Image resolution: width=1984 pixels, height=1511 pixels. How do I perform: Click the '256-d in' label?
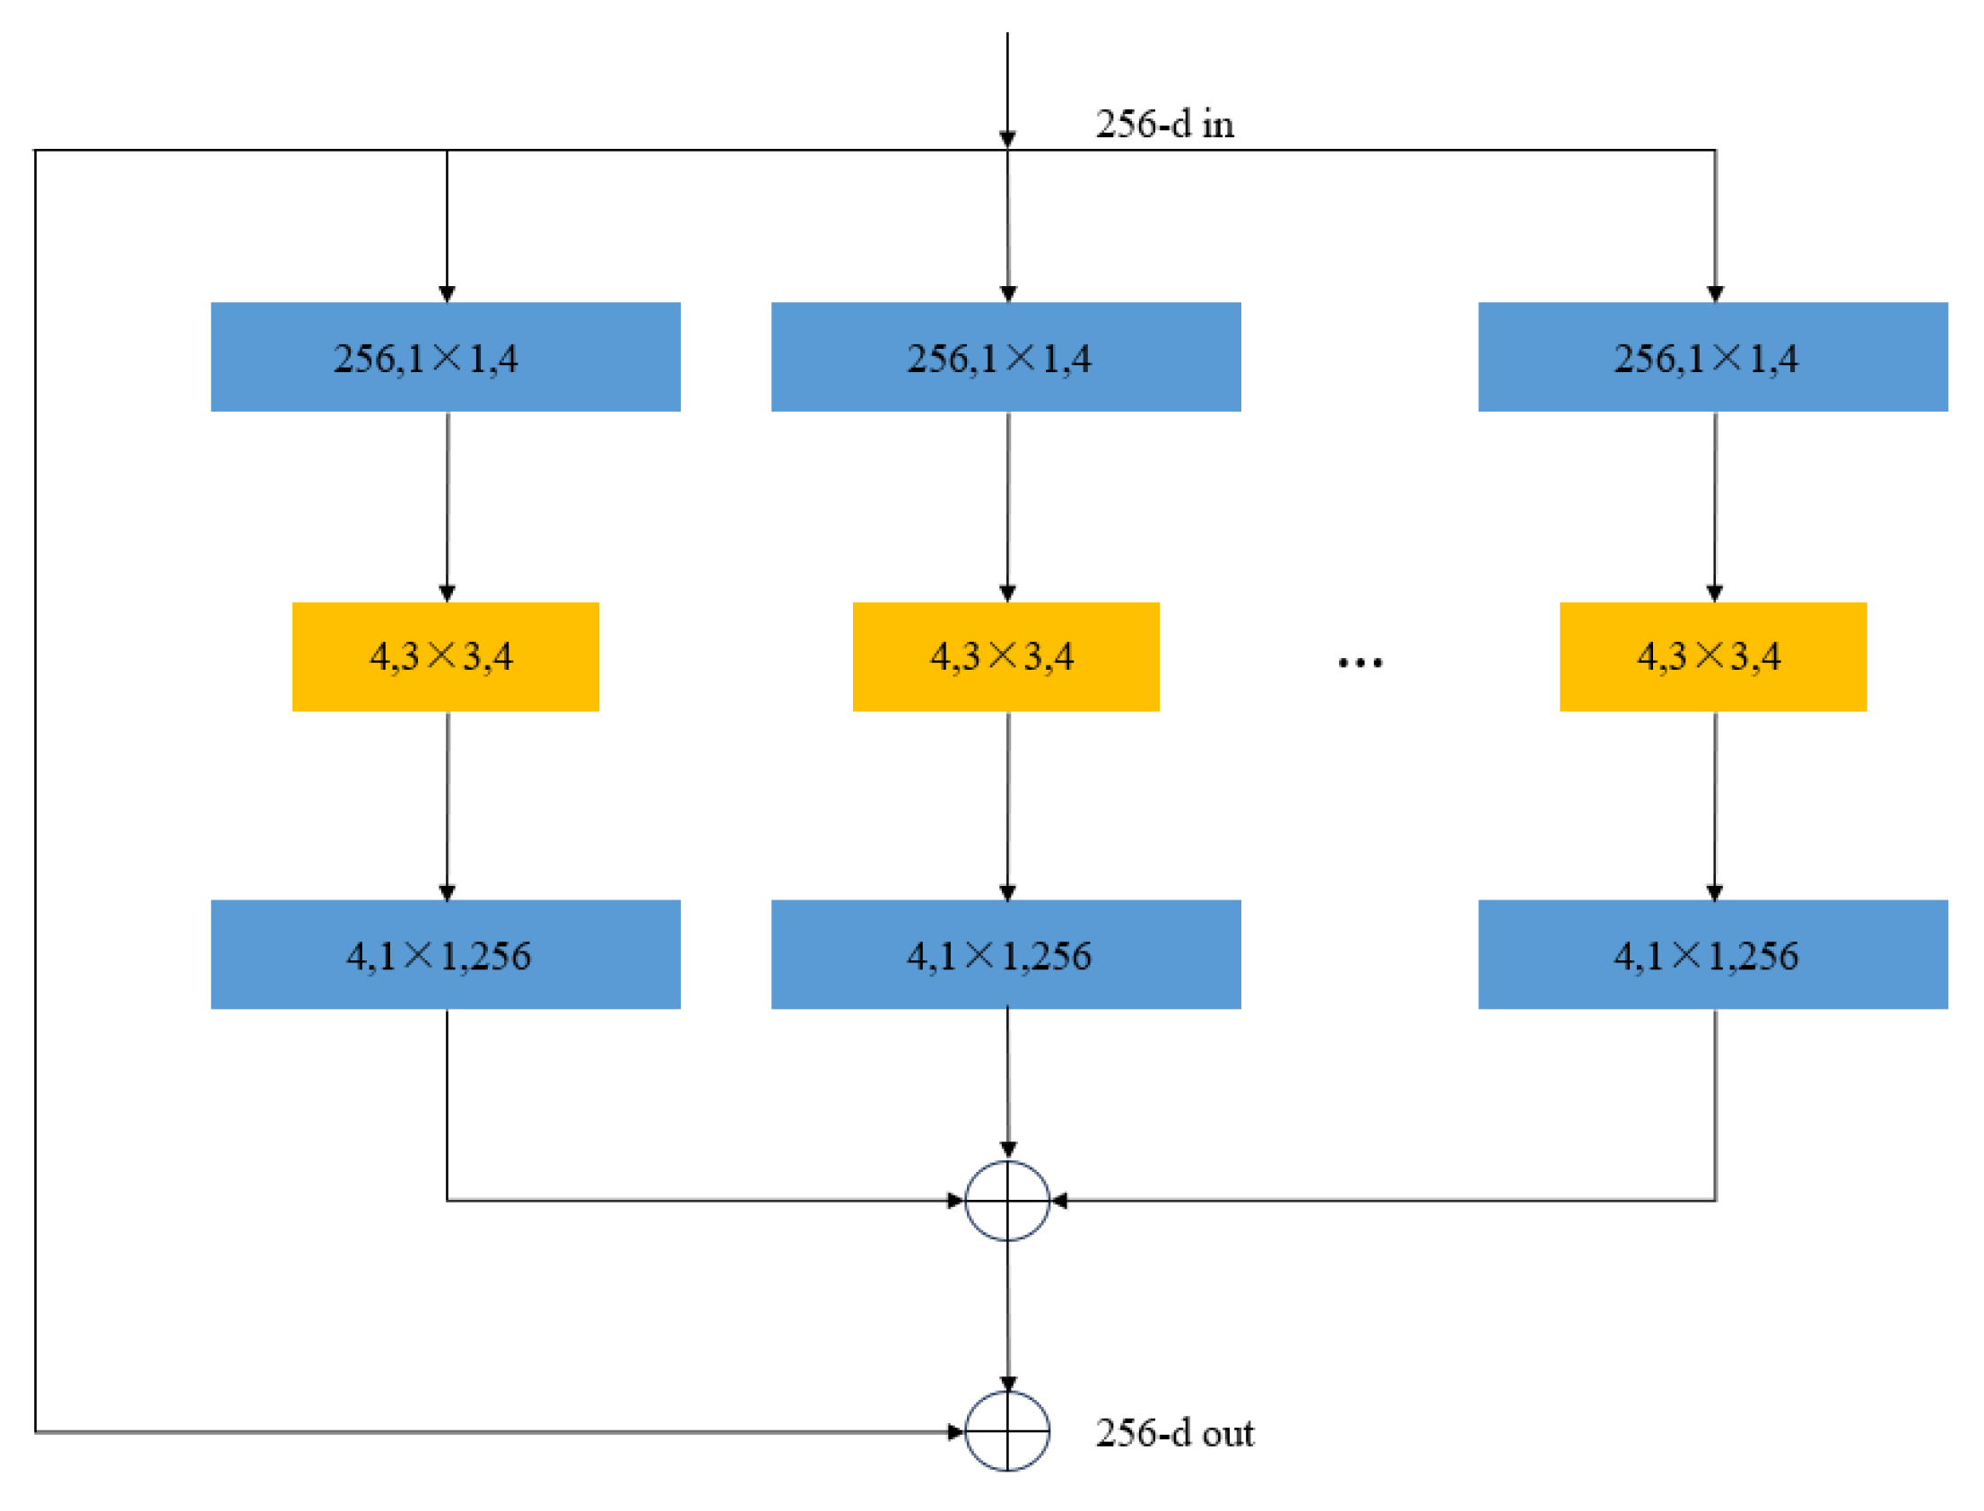[x=1164, y=124]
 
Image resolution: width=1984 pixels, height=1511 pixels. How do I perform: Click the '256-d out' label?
[x=1174, y=1433]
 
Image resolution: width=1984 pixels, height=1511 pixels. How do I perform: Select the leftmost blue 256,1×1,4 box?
[x=445, y=357]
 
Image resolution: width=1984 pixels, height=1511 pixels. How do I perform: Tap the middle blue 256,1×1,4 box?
[x=1005, y=357]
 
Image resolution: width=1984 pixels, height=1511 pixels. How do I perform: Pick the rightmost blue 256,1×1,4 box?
[x=1712, y=357]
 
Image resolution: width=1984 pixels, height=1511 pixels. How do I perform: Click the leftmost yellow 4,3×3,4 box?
[x=445, y=656]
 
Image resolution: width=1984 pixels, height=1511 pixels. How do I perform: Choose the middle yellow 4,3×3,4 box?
[x=1005, y=656]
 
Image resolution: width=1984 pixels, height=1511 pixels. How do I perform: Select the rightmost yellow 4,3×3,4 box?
[x=1712, y=656]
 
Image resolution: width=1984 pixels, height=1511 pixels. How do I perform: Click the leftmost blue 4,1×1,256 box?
[x=445, y=955]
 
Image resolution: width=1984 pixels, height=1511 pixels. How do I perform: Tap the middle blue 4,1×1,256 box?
[x=1005, y=955]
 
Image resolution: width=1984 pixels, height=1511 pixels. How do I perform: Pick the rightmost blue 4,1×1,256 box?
[x=1712, y=955]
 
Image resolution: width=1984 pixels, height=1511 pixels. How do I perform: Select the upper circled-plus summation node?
[x=1007, y=1201]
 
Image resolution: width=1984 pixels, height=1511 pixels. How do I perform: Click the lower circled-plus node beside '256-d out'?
[x=1007, y=1432]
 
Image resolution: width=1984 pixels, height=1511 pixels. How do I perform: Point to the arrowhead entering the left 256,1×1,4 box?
[x=447, y=294]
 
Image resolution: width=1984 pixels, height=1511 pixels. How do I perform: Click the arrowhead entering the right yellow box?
[x=1714, y=594]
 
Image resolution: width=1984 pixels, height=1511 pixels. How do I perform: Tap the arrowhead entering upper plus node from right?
[x=1059, y=1201]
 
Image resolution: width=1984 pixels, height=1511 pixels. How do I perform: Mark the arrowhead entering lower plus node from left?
[x=955, y=1432]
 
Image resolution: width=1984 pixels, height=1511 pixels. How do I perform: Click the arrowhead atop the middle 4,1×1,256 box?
[x=1007, y=893]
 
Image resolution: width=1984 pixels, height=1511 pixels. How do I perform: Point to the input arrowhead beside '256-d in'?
[x=1007, y=138]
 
